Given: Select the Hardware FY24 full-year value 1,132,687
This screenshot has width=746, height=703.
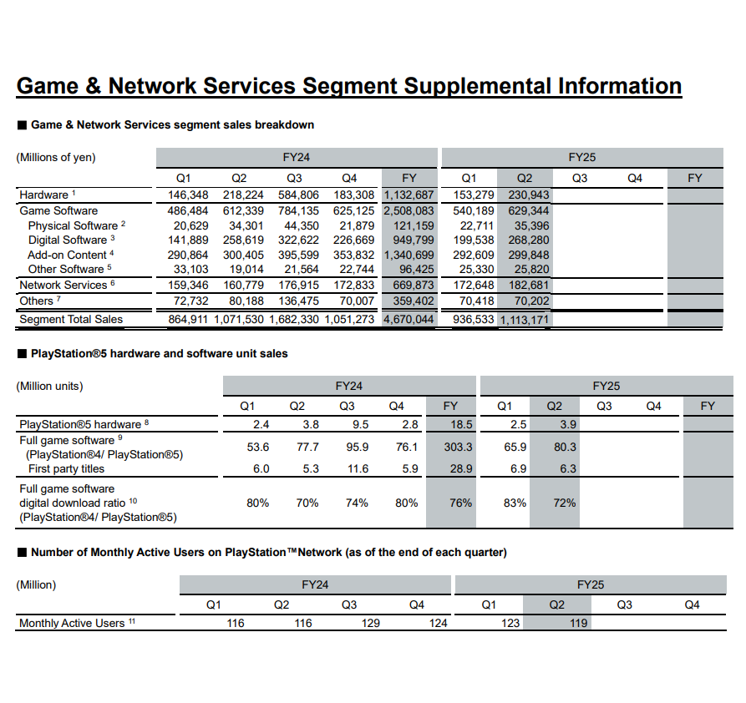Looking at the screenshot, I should [x=409, y=195].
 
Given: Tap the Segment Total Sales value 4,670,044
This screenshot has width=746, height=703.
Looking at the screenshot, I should [x=409, y=320].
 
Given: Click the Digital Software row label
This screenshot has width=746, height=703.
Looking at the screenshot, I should [x=68, y=240].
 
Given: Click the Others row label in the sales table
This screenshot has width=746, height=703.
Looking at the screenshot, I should [x=36, y=301].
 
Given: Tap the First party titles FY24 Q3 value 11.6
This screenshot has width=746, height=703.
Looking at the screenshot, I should [x=358, y=469].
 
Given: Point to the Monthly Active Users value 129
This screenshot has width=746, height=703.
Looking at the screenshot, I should [x=371, y=624].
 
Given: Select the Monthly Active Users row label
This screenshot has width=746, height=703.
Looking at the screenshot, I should [x=72, y=624].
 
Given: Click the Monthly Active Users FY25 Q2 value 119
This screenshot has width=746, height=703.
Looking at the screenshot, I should [x=578, y=624].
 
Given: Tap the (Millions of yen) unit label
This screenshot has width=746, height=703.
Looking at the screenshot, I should [x=56, y=158].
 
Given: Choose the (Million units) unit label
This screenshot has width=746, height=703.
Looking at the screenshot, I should [x=51, y=387].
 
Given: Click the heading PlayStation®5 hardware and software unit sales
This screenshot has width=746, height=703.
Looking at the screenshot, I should [x=159, y=354].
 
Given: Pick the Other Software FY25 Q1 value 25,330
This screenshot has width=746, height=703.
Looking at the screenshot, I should [x=476, y=270].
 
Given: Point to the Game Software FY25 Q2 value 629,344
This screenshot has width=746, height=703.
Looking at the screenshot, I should [x=529, y=211].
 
